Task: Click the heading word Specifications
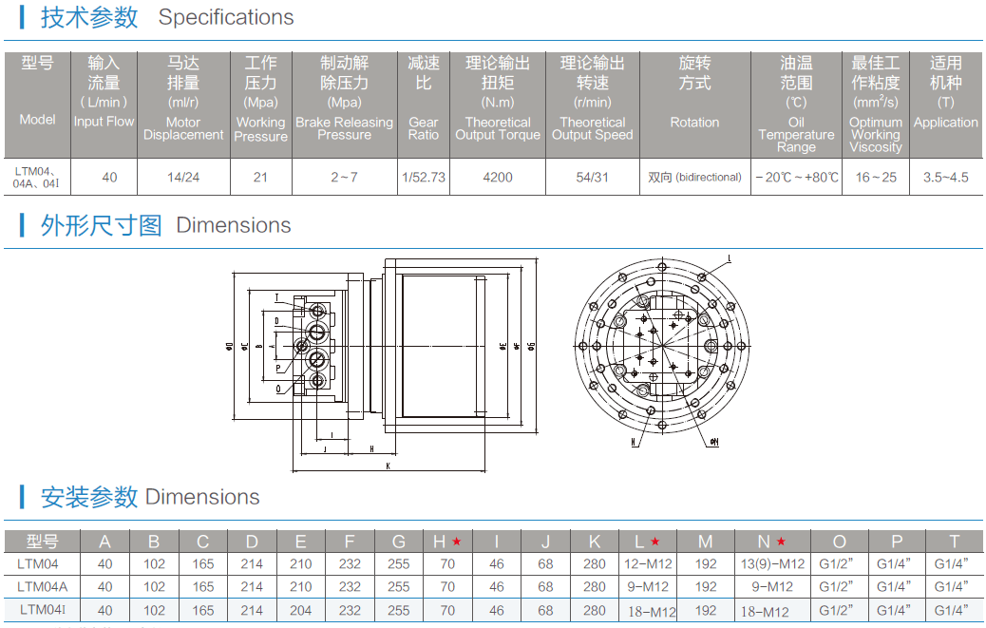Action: [226, 17]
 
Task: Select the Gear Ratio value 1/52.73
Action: [424, 177]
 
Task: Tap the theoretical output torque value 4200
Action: [498, 177]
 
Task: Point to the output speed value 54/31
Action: [592, 177]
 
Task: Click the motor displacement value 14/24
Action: [183, 177]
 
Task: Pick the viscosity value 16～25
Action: [875, 177]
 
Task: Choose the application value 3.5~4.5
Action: [945, 177]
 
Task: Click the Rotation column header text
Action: [694, 123]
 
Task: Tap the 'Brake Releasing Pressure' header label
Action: [344, 128]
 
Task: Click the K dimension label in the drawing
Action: [389, 466]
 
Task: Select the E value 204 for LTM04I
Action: [300, 610]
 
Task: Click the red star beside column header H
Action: [456, 542]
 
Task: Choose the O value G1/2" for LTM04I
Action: [839, 610]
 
